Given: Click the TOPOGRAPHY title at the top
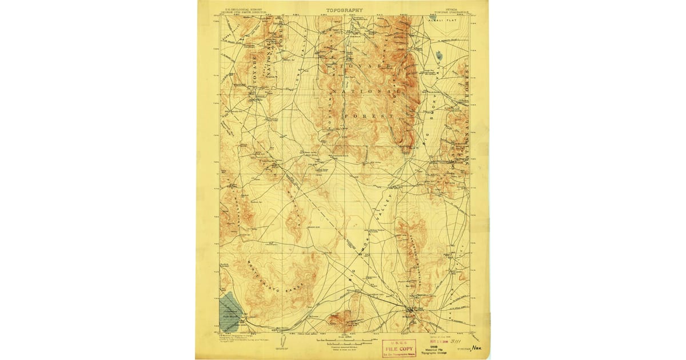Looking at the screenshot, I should [344, 10].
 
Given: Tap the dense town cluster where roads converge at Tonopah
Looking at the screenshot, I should [410, 312].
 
